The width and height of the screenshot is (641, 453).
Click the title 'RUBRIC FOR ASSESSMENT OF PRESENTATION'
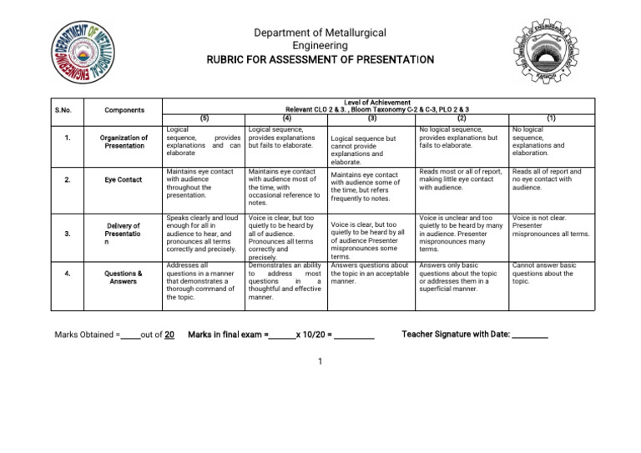320,61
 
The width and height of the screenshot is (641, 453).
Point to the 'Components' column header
124,109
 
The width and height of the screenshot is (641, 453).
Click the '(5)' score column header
204,118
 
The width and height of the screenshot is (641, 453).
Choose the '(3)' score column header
372,118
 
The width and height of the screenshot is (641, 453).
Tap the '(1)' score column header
551,118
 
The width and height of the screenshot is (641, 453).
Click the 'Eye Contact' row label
124,179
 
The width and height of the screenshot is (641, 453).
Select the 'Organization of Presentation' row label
124,142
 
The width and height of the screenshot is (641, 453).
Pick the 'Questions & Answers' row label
124,277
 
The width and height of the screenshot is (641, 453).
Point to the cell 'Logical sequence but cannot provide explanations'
368,150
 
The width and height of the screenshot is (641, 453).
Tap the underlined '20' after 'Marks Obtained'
169,335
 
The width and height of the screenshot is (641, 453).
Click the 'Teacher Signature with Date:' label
455,335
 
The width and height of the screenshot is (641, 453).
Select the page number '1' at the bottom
320,362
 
